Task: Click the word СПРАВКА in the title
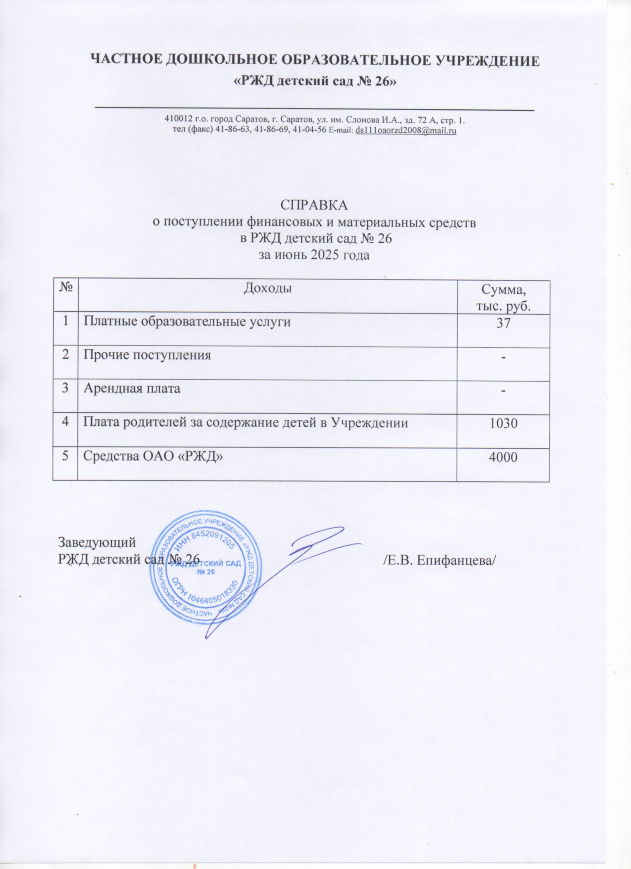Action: pyautogui.click(x=315, y=205)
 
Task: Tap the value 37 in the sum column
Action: pyautogui.click(x=503, y=323)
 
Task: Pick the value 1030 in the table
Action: pyautogui.click(x=503, y=423)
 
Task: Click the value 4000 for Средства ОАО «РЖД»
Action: pyautogui.click(x=503, y=456)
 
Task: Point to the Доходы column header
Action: pyautogui.click(x=267, y=288)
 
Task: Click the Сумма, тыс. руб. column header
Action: pyautogui.click(x=503, y=297)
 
